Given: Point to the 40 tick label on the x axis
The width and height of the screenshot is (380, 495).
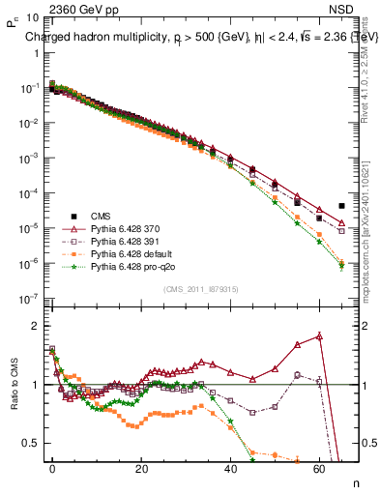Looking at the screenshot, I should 231,467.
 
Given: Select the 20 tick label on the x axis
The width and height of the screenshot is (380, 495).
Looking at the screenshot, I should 142,467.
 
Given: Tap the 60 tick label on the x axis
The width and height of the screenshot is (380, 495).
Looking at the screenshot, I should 320,467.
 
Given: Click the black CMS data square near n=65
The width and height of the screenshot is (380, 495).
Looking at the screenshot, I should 342,206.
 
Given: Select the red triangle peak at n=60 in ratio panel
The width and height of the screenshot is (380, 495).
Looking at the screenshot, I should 320,336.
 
